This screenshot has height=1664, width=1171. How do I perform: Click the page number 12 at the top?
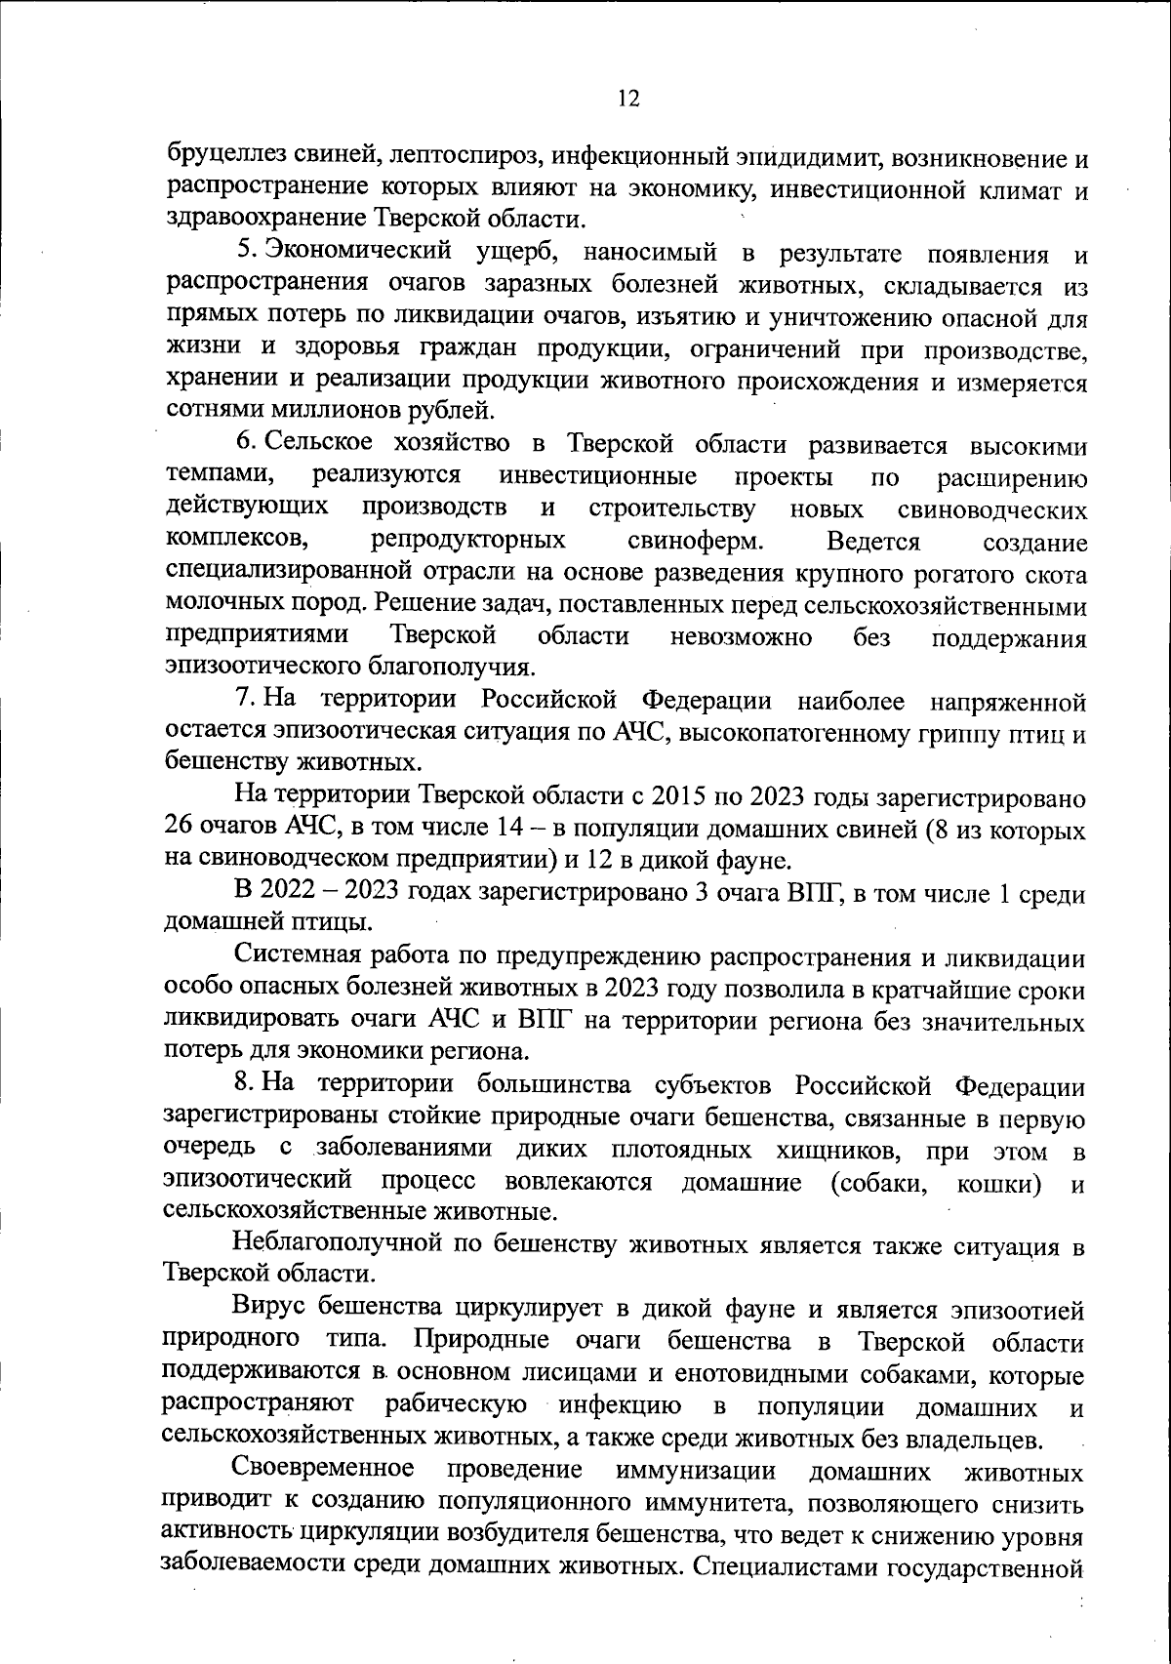pos(627,99)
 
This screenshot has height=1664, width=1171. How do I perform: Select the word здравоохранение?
pos(266,217)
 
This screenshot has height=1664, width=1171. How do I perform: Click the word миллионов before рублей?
pos(325,409)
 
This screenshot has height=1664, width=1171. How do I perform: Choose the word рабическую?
pos(457,1406)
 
